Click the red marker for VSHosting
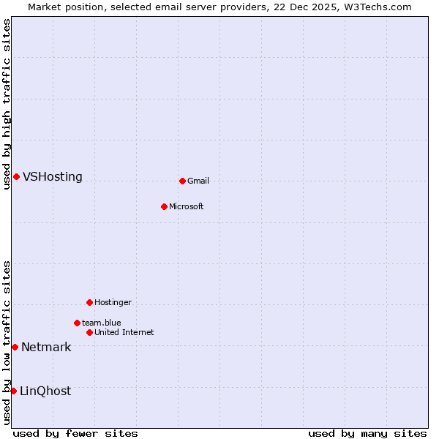[x=16, y=176]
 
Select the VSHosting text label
[x=52, y=177]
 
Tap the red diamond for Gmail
[x=182, y=181]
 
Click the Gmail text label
[x=198, y=181]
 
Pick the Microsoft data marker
[x=164, y=206]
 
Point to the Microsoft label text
[x=186, y=206]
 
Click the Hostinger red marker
[x=89, y=302]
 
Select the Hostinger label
[x=113, y=302]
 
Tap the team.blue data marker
[x=77, y=323]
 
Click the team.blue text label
[x=101, y=323]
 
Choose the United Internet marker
[x=89, y=332]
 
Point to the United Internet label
[x=124, y=332]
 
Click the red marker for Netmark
[x=15, y=347]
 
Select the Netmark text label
[x=46, y=348]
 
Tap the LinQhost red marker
[x=13, y=391]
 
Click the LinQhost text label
[x=45, y=391]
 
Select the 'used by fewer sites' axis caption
[x=75, y=433]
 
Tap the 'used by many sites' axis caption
[x=367, y=433]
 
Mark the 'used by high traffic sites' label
[x=7, y=104]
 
